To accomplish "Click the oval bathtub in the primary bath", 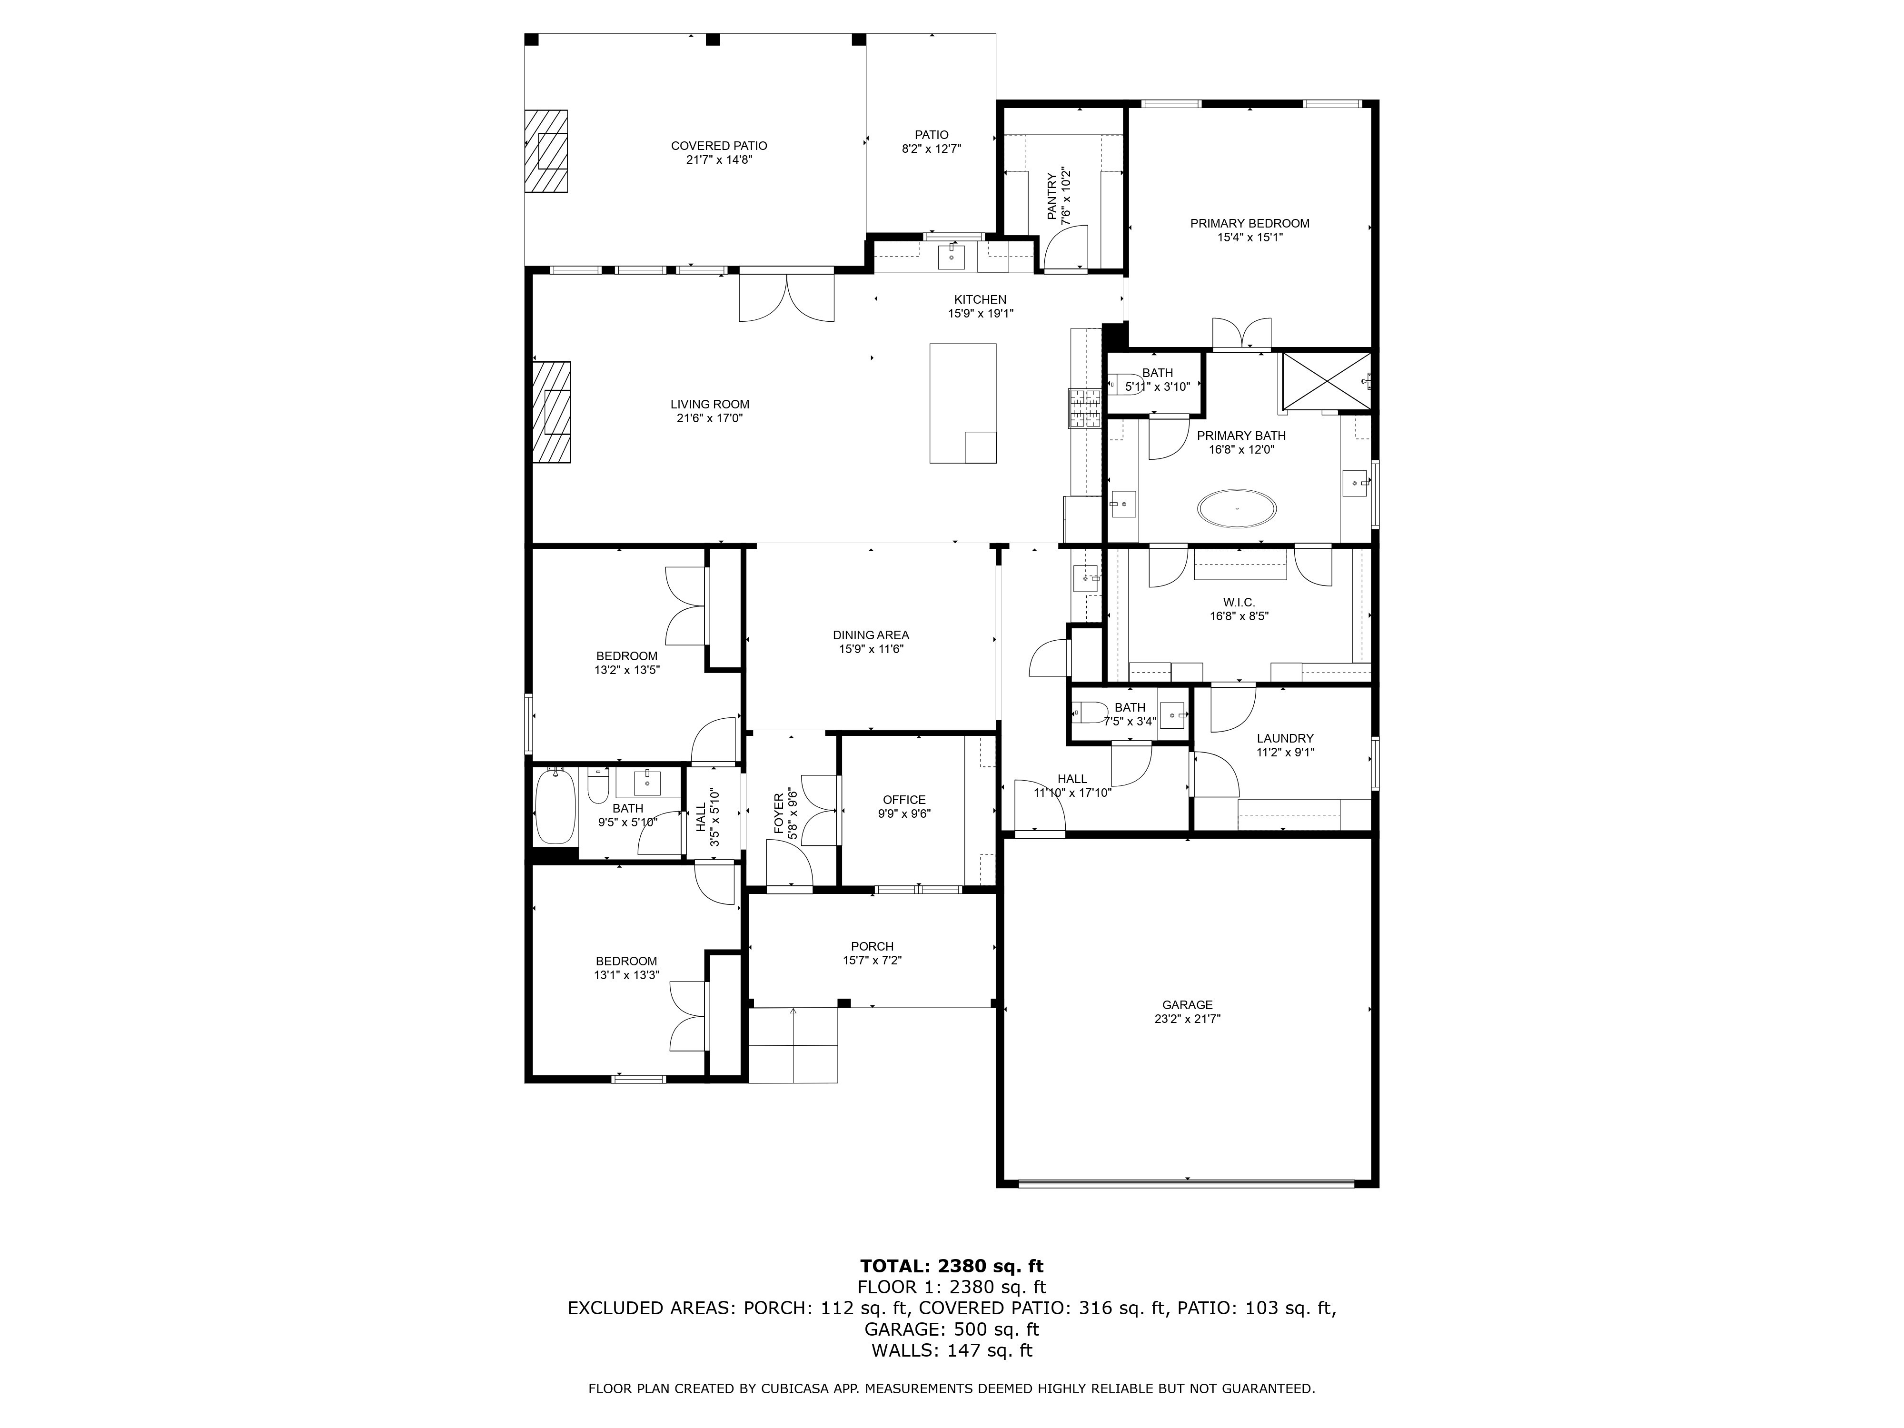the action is (1237, 509).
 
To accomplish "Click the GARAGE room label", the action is (1187, 1004).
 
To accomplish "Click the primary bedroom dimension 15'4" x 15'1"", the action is (1250, 238).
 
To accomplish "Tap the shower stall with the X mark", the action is (1327, 380).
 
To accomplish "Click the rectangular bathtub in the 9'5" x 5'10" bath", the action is (555, 806).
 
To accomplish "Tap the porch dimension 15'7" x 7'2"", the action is (872, 961).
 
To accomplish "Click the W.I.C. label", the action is (1239, 602).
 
